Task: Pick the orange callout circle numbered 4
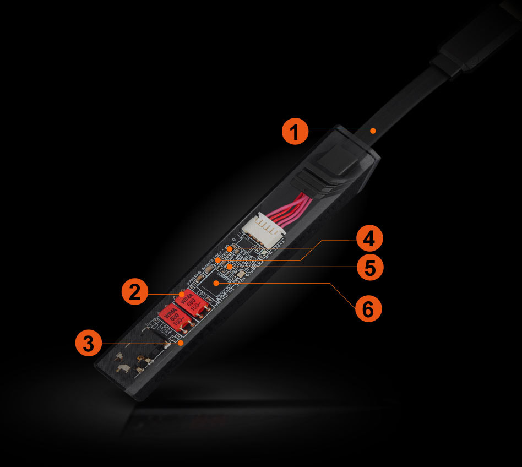click(x=368, y=240)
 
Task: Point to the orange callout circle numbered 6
click(x=368, y=309)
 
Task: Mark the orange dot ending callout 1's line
click(x=373, y=131)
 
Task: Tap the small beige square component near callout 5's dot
click(x=241, y=271)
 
